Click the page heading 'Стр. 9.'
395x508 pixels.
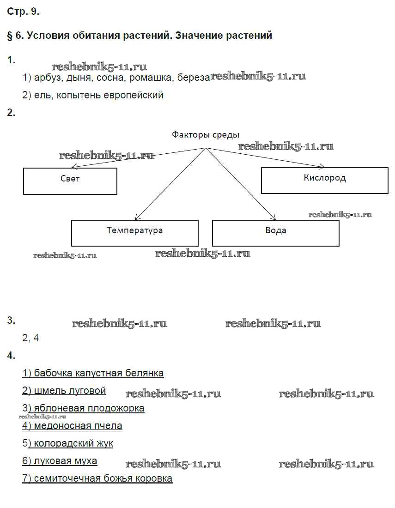pos(23,12)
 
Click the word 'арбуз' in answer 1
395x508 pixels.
pos(48,78)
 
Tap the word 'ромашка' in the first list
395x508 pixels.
pos(151,78)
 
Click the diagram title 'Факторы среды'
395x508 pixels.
pos(206,135)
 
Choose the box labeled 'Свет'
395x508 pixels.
pos(70,181)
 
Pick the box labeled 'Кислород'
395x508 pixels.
pos(324,180)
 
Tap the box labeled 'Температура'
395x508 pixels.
pos(134,232)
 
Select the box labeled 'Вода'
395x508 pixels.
pos(275,232)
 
